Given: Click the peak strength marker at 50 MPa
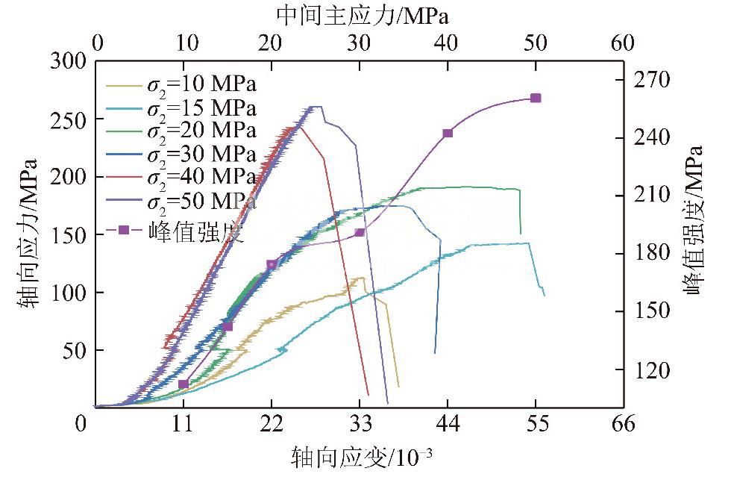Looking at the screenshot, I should pyautogui.click(x=536, y=98).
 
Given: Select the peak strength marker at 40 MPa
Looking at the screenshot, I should pyautogui.click(x=448, y=133).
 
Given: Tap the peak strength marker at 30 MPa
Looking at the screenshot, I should pyautogui.click(x=360, y=232).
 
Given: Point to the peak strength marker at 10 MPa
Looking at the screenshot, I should pyautogui.click(x=183, y=384).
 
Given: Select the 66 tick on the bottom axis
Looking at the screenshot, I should pyautogui.click(x=623, y=425).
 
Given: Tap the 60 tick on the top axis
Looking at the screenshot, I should pyautogui.click(x=623, y=43).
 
